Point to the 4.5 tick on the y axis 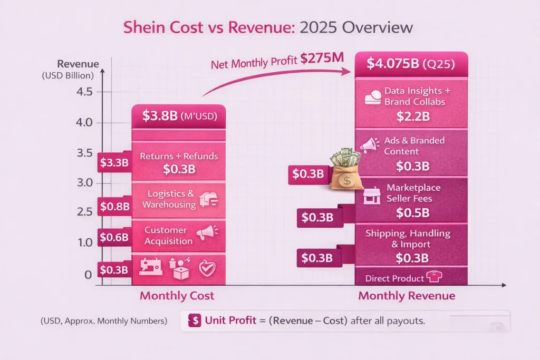pyautogui.click(x=84, y=92)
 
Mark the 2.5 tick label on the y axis pyautogui.click(x=84, y=212)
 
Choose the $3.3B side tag pyautogui.click(x=114, y=162)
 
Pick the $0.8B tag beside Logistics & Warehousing pyautogui.click(x=114, y=206)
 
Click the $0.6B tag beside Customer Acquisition pyautogui.click(x=114, y=237)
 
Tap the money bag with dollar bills pyautogui.click(x=345, y=170)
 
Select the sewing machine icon pyautogui.click(x=150, y=267)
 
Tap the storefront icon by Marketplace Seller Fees pyautogui.click(x=372, y=197)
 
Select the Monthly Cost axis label pyautogui.click(x=177, y=296)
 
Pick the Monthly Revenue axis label pyautogui.click(x=407, y=296)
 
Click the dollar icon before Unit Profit pyautogui.click(x=195, y=320)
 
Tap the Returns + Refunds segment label pyautogui.click(x=179, y=156)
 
